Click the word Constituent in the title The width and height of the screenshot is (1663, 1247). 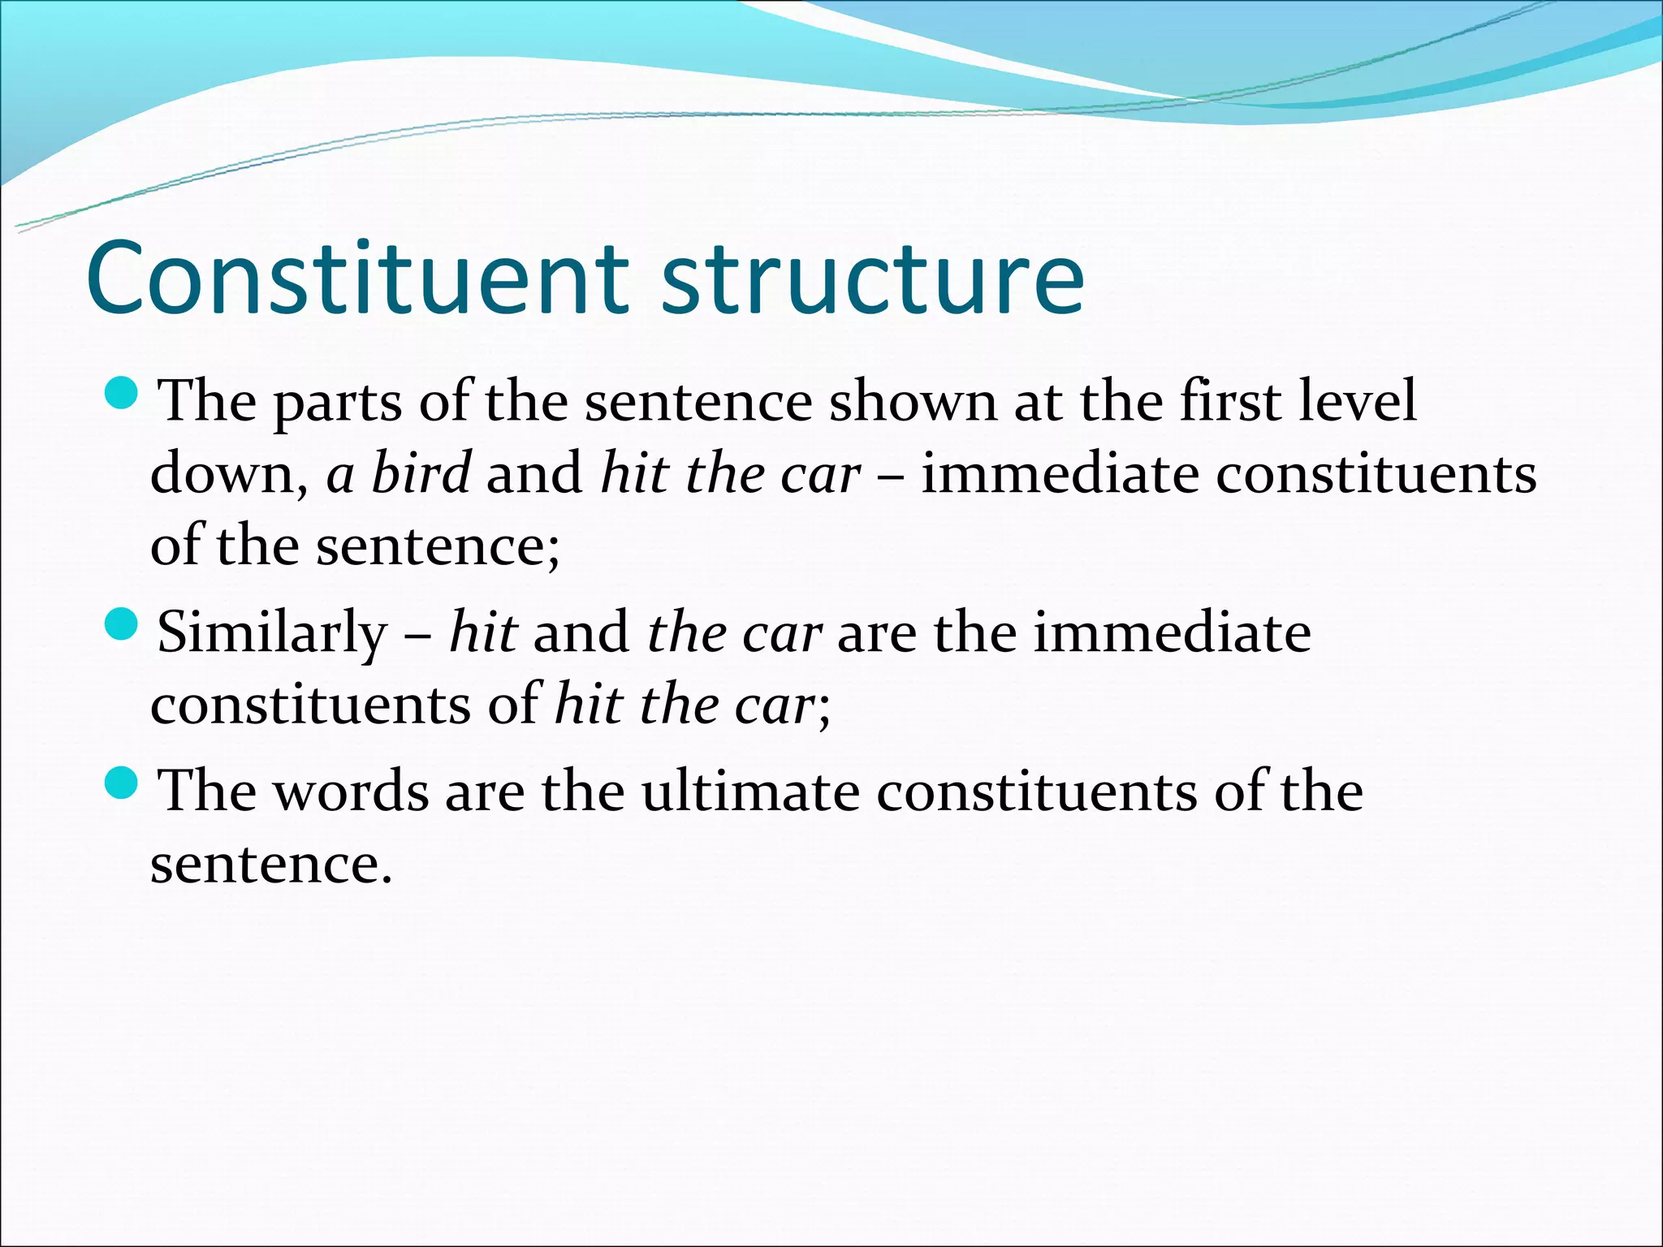click(x=357, y=278)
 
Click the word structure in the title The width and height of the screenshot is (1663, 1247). click(x=873, y=278)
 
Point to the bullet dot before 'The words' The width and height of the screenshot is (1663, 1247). click(x=123, y=783)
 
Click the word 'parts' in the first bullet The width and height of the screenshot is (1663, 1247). click(x=337, y=403)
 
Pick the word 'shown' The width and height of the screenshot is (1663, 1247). click(x=913, y=401)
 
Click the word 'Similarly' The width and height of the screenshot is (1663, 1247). click(x=273, y=634)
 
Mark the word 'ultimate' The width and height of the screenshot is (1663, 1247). click(x=750, y=791)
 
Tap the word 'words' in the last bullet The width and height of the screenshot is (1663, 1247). click(x=352, y=791)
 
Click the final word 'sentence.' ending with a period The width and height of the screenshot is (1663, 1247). click(x=271, y=864)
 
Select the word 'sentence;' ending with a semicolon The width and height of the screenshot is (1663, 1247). click(x=438, y=546)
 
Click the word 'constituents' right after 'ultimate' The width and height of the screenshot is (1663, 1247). click(x=1036, y=791)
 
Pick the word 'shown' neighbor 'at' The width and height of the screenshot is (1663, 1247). click(x=913, y=401)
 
